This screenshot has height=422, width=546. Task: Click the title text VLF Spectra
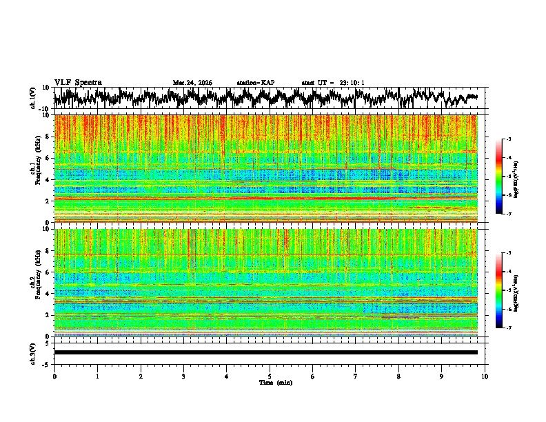pos(78,83)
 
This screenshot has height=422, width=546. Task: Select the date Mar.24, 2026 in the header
pos(192,83)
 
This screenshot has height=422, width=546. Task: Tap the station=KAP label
pos(256,83)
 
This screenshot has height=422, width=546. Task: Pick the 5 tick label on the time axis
pos(270,376)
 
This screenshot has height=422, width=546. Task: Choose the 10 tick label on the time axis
pos(485,376)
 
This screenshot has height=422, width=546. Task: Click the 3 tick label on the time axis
pos(183,376)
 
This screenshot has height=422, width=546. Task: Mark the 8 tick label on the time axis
pos(398,376)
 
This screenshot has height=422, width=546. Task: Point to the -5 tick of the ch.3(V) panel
pos(45,363)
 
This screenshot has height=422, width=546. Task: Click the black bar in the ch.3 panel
pos(265,352)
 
